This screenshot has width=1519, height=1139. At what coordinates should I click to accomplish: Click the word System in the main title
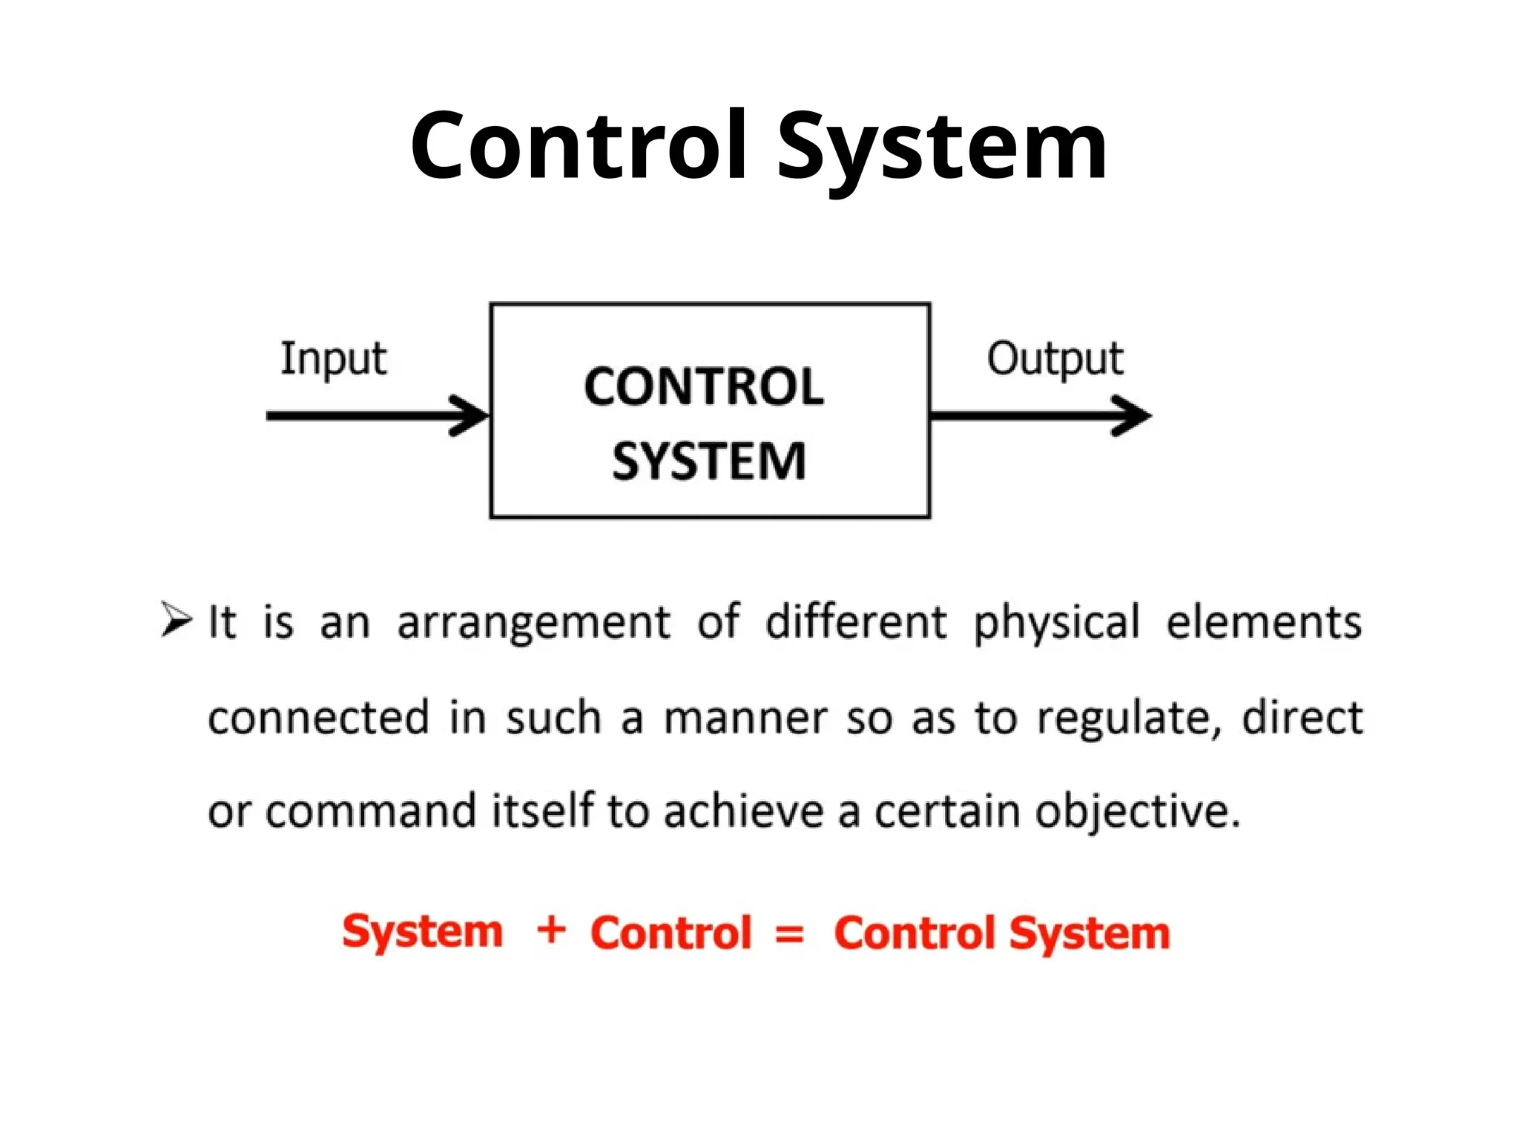(942, 148)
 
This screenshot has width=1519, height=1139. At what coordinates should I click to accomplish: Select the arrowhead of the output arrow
(1132, 416)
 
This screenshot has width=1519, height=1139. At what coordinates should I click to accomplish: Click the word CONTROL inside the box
(703, 387)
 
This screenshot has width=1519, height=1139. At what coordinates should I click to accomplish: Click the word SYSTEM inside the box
(708, 461)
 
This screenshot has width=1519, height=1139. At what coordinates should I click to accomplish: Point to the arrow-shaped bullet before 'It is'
(177, 620)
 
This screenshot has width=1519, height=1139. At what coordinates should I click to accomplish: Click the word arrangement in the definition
(533, 621)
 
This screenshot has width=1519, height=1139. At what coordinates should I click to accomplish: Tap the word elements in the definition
(1264, 621)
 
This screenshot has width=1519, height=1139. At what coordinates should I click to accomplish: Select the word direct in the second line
(1302, 718)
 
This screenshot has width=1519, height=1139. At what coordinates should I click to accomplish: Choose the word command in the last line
(371, 811)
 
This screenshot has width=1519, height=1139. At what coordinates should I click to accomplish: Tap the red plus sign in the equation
(551, 930)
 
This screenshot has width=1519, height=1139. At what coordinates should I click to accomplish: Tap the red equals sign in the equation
(789, 934)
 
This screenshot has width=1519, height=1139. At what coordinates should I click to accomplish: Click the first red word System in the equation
(422, 933)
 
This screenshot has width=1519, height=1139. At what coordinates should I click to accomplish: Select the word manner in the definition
(744, 718)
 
